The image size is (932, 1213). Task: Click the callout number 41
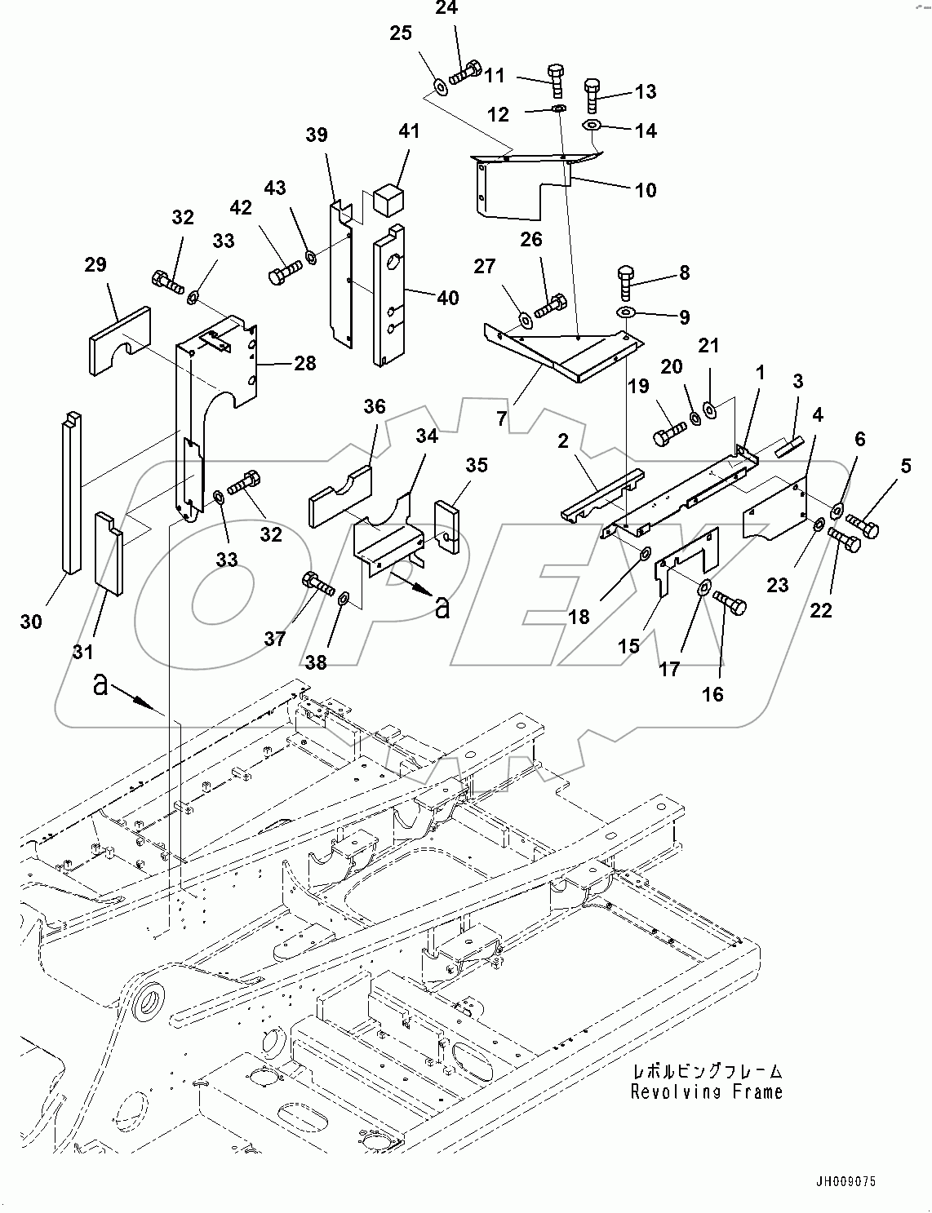point(408,131)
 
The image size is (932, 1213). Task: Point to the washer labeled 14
point(592,126)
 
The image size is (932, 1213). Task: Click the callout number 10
point(645,190)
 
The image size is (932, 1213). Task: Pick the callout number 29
point(95,264)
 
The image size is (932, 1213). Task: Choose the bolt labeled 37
point(317,582)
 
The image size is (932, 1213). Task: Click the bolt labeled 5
point(862,525)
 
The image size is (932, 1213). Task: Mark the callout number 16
point(712,693)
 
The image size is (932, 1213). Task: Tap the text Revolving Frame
point(706,1092)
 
